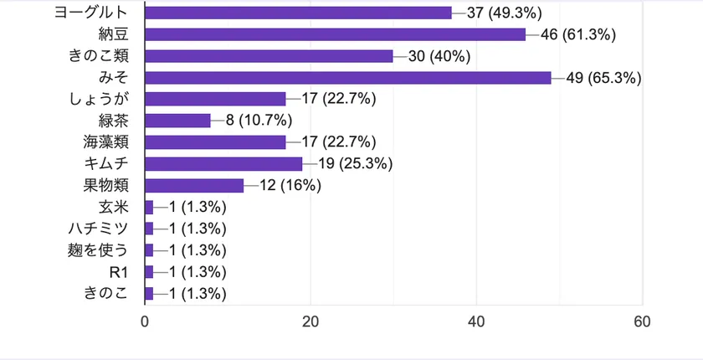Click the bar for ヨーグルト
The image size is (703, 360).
(x=298, y=13)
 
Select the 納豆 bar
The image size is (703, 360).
(x=336, y=34)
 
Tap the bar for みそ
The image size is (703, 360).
(x=348, y=78)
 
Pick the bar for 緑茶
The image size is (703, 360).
(x=178, y=121)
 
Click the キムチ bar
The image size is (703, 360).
(x=223, y=163)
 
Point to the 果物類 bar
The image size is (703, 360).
(x=194, y=185)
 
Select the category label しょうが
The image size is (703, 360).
(x=99, y=99)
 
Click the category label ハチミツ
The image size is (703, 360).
(x=99, y=229)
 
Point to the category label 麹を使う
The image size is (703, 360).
(x=99, y=249)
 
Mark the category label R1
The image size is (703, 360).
(x=118, y=271)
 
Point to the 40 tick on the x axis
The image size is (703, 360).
(x=477, y=321)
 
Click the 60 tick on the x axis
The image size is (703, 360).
(x=643, y=321)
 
